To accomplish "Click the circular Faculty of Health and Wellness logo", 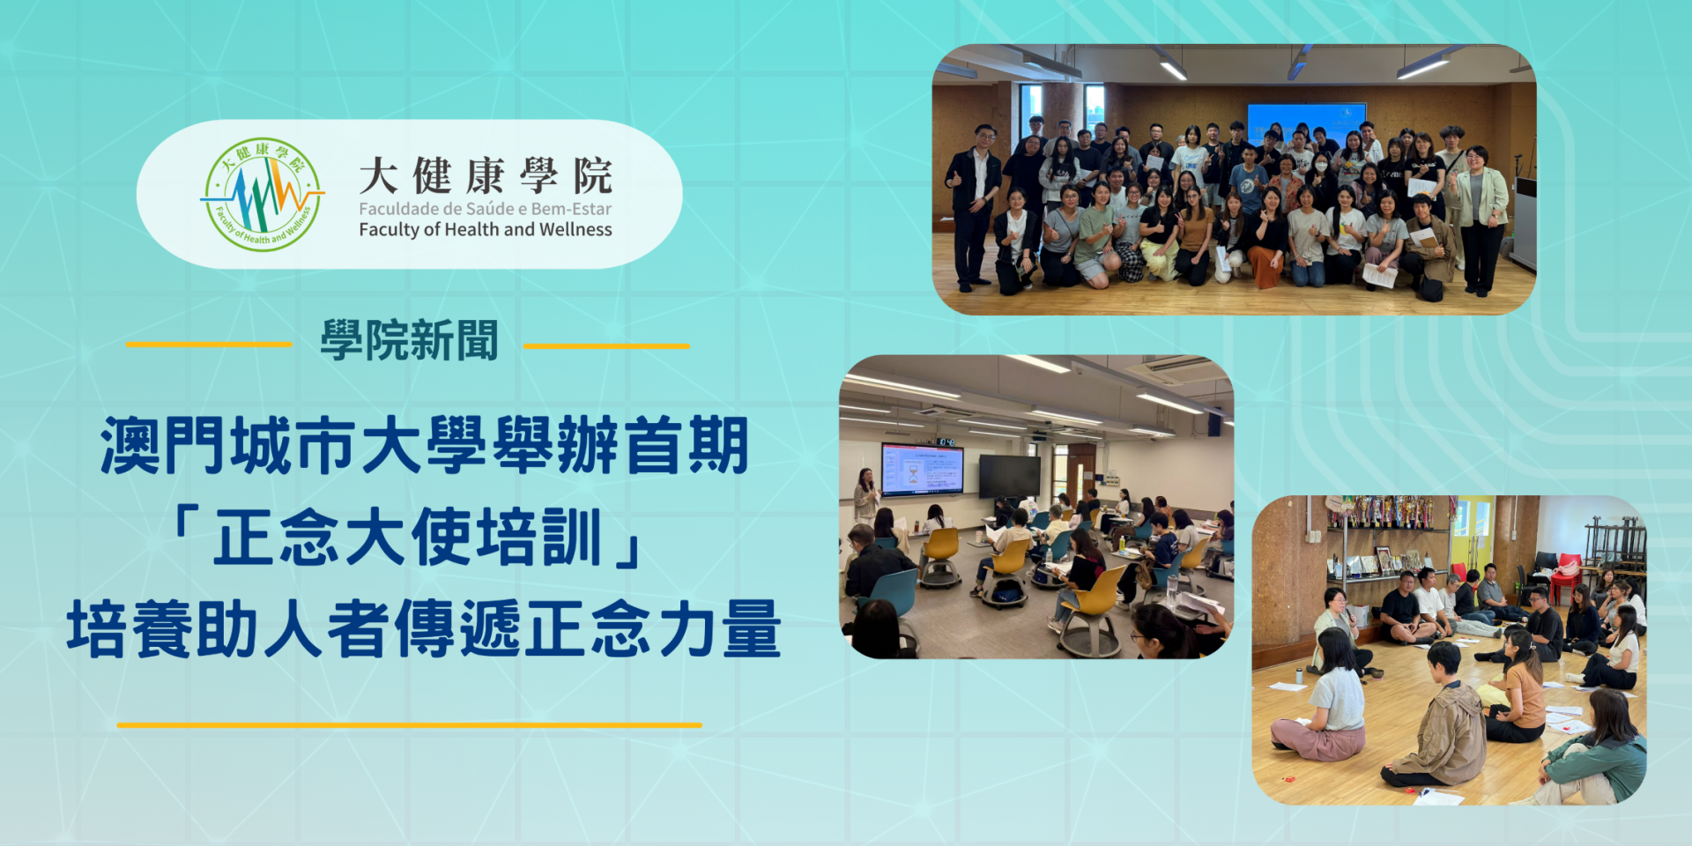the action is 262,194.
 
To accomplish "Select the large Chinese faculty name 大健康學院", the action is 486,175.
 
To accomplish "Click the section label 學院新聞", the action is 409,340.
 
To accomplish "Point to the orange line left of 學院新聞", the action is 209,344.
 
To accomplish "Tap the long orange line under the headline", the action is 409,724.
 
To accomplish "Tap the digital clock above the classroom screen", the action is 946,442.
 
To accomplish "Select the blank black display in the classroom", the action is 1010,476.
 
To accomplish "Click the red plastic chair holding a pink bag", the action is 1565,577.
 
